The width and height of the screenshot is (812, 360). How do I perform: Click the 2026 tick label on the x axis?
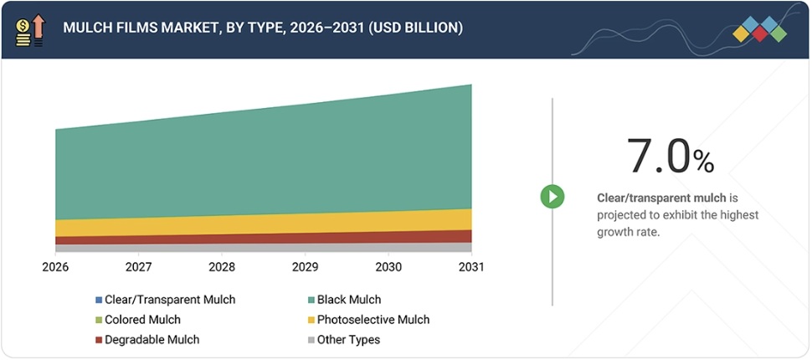(x=55, y=267)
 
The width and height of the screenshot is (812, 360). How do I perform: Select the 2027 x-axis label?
(x=138, y=267)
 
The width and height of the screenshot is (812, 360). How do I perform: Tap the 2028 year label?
(x=222, y=267)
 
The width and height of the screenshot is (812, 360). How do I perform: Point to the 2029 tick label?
(x=305, y=267)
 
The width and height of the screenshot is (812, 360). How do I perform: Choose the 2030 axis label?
(x=388, y=267)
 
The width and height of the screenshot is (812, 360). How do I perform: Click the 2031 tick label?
(x=470, y=267)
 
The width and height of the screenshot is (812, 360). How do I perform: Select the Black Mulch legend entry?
(x=348, y=300)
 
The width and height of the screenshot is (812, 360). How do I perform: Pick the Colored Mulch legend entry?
(x=142, y=320)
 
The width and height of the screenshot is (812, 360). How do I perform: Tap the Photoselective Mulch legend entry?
(x=373, y=320)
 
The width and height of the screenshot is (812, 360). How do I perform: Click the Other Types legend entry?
(x=348, y=340)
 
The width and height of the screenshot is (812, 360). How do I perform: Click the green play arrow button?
(x=552, y=197)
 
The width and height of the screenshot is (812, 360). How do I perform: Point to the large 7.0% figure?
(x=670, y=156)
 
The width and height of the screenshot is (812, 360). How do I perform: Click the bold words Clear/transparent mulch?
(x=661, y=198)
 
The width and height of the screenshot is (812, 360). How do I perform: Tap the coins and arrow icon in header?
(x=30, y=29)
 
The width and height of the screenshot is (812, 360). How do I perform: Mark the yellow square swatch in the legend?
(x=311, y=320)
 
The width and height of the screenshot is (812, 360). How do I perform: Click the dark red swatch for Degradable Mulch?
(x=99, y=340)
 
